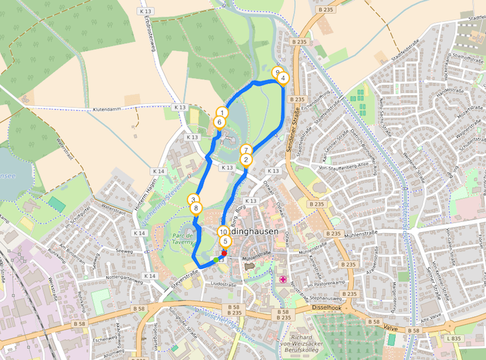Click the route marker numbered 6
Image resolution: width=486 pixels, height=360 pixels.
tap(220, 123)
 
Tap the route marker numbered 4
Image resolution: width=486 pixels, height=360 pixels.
tap(283, 78)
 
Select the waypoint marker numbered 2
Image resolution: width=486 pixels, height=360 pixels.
tap(245, 159)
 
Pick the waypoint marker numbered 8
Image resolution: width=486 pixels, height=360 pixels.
tap(196, 208)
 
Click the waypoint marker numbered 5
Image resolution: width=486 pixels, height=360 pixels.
tap(225, 242)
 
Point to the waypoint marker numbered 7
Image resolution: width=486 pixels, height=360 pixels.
tap(245, 150)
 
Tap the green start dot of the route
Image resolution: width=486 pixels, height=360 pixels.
tap(216, 260)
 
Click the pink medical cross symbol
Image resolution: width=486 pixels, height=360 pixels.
tap(283, 279)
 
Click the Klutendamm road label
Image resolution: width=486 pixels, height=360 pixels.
tap(110, 110)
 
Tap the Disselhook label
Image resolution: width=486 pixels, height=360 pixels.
tap(326, 308)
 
